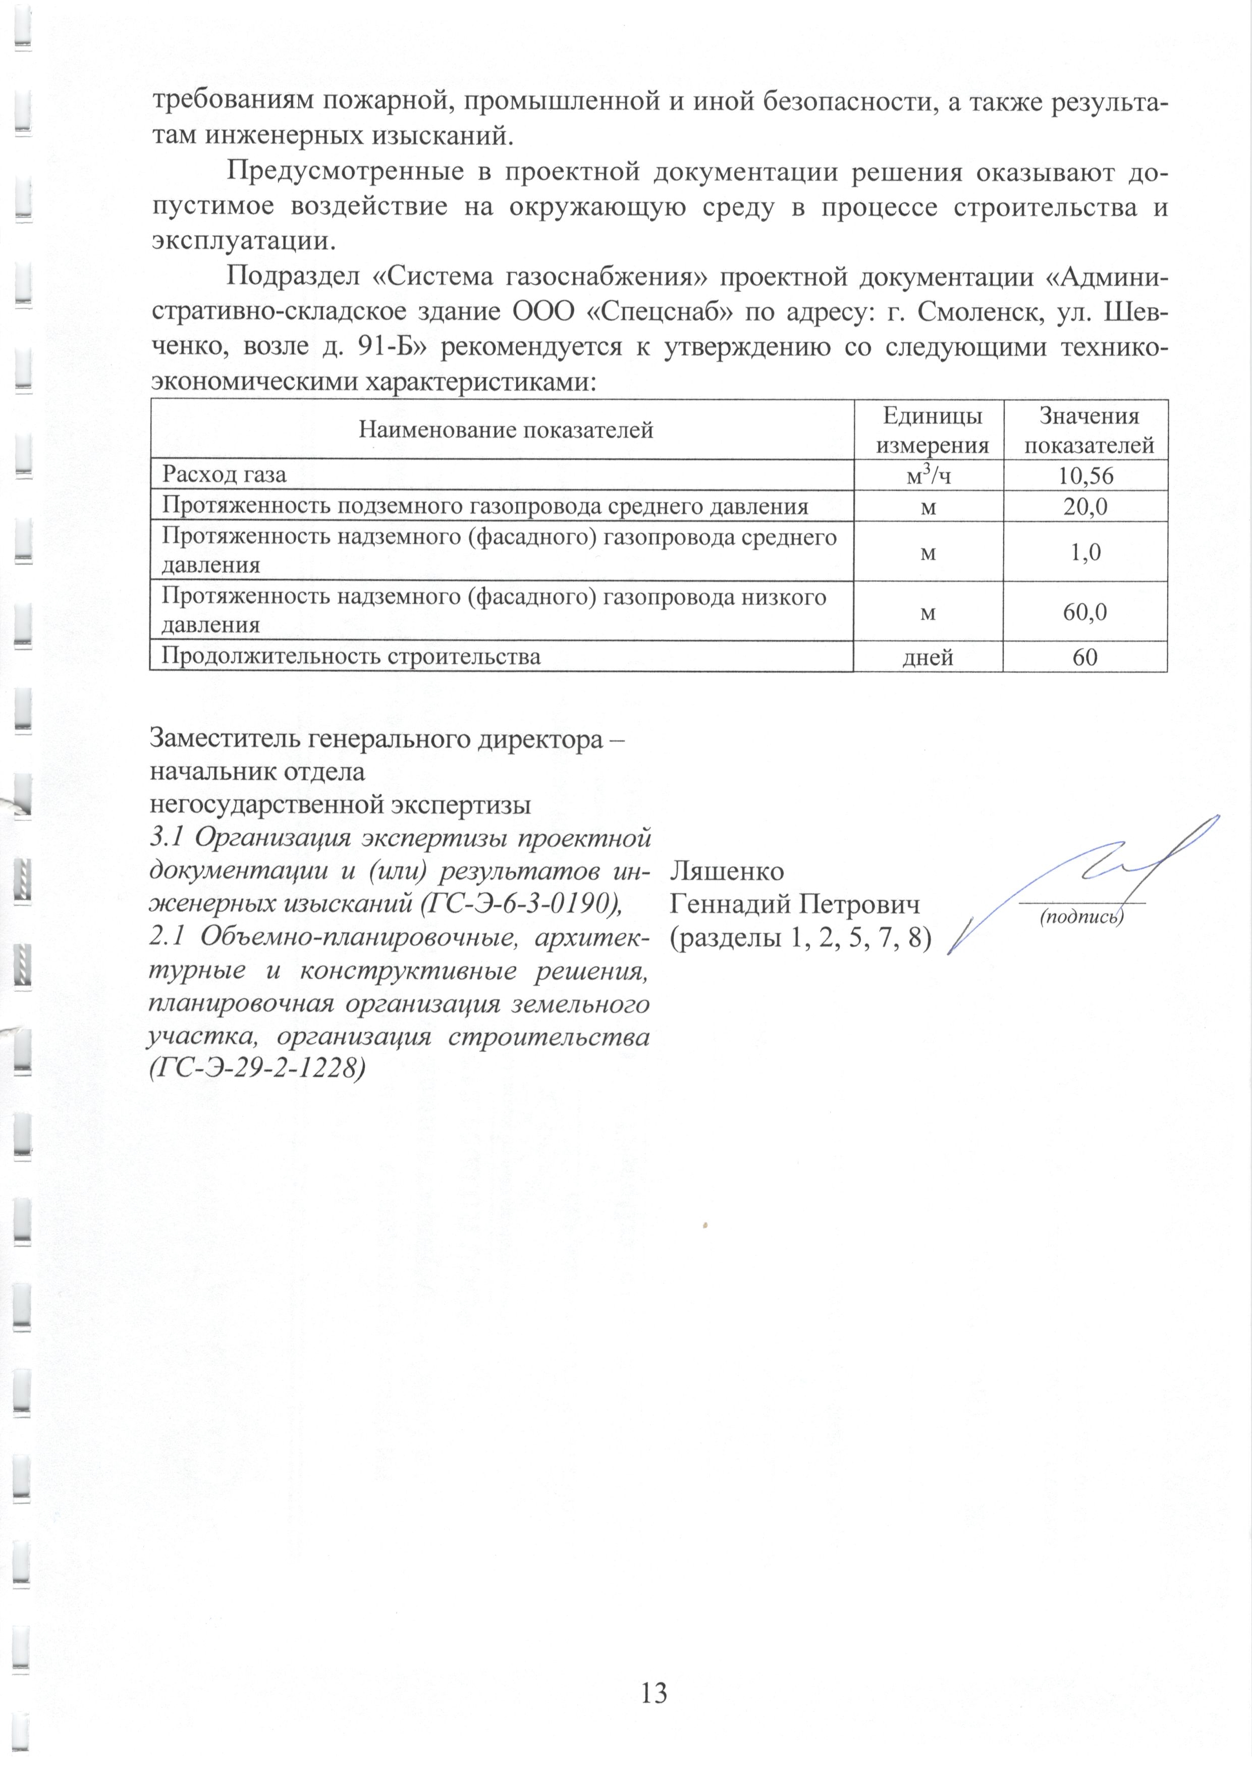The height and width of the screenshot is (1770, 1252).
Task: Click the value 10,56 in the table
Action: (x=1085, y=475)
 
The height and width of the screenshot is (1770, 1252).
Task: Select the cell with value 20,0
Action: (x=1085, y=507)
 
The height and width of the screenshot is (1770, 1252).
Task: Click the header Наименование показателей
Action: (x=506, y=430)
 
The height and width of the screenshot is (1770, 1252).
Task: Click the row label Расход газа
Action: (x=224, y=475)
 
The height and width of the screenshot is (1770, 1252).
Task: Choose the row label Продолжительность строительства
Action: (x=351, y=657)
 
